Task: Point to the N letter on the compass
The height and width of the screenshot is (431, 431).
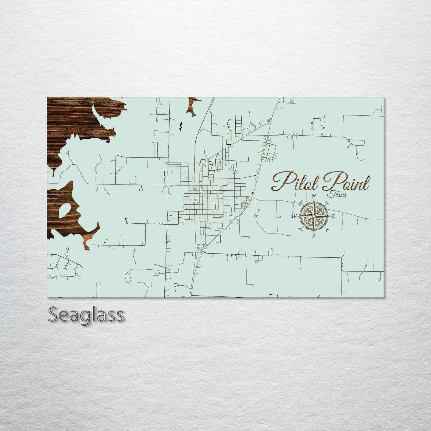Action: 314,196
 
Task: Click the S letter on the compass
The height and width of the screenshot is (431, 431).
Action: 313,237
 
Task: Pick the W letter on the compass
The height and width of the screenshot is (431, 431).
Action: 293,216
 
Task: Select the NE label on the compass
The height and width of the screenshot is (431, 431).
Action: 327,203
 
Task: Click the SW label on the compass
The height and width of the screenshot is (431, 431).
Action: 300,229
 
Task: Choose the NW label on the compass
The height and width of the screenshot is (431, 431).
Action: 300,204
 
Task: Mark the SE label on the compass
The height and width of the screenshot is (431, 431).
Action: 327,229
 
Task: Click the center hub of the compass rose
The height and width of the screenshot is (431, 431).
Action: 314,216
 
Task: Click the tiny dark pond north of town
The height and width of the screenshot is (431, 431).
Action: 180,126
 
